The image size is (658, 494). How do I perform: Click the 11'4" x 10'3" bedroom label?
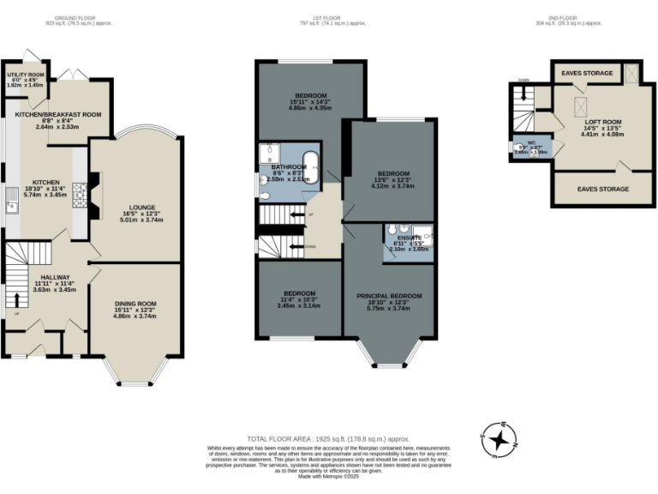pyautogui.click(x=299, y=292)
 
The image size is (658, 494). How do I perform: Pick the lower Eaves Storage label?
pyautogui.click(x=602, y=189)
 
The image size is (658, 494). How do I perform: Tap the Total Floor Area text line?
pyautogui.click(x=329, y=437)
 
